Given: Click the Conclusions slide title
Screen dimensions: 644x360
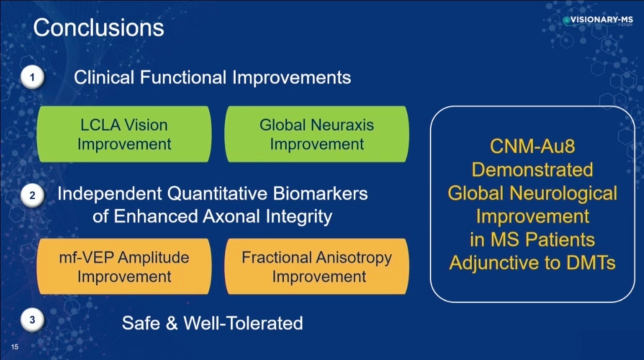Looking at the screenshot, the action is point(99,27).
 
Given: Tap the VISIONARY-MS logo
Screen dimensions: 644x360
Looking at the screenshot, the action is point(598,20).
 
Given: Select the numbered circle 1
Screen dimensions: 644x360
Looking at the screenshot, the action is point(32,77).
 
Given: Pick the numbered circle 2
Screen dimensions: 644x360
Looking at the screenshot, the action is point(32,195).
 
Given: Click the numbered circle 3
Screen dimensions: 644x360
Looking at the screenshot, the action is point(32,320).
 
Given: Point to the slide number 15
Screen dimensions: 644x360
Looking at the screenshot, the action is point(15,347).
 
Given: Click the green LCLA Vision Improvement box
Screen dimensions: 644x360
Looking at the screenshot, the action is point(124,134).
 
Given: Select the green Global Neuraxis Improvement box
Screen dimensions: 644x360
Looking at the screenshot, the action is point(317,134).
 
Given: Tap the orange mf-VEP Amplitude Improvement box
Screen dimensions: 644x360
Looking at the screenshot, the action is point(124,266).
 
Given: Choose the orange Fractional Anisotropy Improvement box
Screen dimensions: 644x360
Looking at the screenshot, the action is point(317,266).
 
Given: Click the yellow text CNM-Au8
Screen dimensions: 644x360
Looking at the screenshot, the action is point(533,146).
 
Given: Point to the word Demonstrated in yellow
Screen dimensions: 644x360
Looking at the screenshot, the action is point(533,170).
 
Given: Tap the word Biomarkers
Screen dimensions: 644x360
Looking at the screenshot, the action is point(320,193).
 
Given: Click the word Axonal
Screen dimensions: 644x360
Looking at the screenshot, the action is point(232,216).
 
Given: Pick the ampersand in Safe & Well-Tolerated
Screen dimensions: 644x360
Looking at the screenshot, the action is point(172,323).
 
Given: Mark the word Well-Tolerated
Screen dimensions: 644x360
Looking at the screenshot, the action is point(243,323).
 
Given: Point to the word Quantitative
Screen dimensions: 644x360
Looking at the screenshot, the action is point(217,193).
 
